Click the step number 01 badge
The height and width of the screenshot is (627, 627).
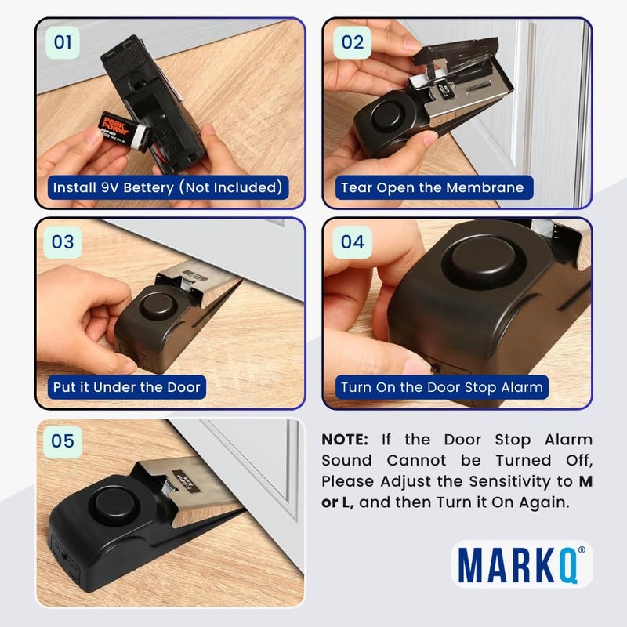(x=62, y=42)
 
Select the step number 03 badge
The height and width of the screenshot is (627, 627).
(x=62, y=241)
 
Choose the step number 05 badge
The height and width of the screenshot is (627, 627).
(x=62, y=441)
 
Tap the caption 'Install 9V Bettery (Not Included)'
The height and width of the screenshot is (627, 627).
(x=165, y=188)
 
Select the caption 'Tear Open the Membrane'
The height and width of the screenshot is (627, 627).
(x=431, y=188)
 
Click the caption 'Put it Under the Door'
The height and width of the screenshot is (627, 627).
(x=126, y=387)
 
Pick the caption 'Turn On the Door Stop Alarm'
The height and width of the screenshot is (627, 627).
(x=441, y=387)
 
